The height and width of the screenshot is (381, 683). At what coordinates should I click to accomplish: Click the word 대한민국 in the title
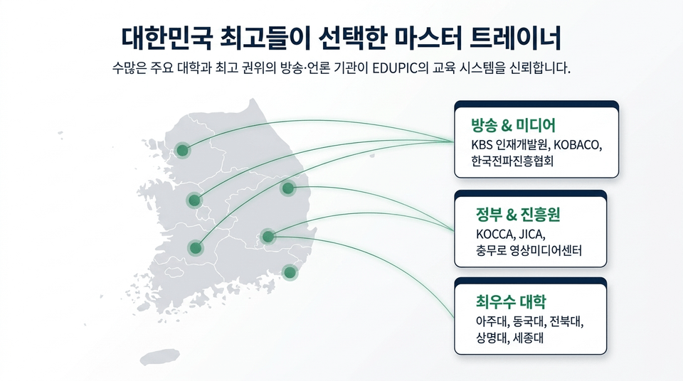click(x=166, y=38)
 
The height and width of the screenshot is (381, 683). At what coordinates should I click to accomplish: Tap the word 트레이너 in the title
click(x=516, y=38)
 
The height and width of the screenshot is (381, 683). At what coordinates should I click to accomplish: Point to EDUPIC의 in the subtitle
click(x=401, y=68)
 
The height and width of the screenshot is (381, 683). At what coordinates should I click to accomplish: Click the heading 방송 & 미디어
click(x=513, y=125)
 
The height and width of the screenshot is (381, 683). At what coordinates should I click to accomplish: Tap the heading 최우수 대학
click(x=511, y=301)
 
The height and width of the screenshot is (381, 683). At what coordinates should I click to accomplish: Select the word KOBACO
click(x=576, y=144)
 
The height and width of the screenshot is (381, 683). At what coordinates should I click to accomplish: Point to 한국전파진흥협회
click(x=512, y=161)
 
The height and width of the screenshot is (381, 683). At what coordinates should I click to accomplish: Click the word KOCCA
click(x=494, y=235)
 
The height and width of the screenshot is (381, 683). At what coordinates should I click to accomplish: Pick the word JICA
click(x=531, y=235)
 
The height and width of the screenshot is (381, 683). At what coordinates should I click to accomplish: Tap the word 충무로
click(x=490, y=251)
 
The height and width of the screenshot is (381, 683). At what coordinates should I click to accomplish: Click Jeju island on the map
click(x=159, y=357)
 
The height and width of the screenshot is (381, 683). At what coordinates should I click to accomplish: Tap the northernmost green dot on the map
click(x=182, y=151)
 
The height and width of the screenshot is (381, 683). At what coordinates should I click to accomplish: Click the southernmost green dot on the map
click(x=290, y=273)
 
